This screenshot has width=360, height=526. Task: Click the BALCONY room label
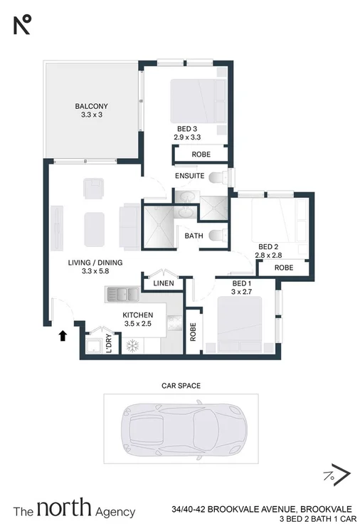(90, 107)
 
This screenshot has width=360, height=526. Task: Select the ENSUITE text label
(190, 175)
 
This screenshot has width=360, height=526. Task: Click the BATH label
(194, 236)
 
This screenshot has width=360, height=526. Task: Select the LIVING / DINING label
(95, 263)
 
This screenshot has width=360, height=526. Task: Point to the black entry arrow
(63, 335)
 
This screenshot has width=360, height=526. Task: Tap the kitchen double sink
(124, 293)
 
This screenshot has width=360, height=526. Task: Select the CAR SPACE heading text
(180, 385)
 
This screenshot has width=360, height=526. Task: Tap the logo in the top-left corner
(23, 25)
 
